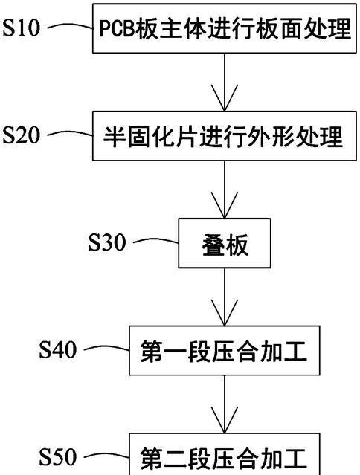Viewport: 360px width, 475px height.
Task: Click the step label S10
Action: point(22,28)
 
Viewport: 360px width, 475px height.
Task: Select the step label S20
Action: point(22,135)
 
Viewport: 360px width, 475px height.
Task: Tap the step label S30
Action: point(107,242)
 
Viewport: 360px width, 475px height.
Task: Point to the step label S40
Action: point(57,349)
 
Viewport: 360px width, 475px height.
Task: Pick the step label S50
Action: point(57,457)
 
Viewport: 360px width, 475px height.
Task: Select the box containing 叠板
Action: point(224,243)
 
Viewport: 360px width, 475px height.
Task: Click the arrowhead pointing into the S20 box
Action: point(224,98)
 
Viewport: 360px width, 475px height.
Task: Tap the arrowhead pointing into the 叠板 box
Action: point(224,205)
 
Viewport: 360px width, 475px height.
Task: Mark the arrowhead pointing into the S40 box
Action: point(224,313)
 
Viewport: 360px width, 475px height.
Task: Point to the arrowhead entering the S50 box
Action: point(224,420)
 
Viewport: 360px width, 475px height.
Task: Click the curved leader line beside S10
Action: point(71,27)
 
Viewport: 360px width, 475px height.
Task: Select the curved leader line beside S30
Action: point(155,241)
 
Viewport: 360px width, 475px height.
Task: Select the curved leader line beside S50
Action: point(106,456)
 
